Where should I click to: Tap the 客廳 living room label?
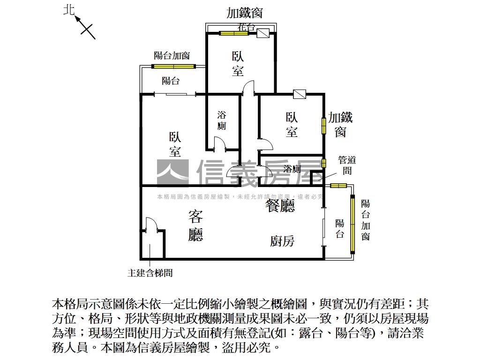pyautogui.click(x=195, y=225)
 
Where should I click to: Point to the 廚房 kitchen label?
pyautogui.click(x=282, y=241)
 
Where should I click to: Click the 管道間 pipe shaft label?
pyautogui.click(x=347, y=165)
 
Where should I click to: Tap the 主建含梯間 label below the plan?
pyautogui.click(x=150, y=272)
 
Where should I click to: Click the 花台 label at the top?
pyautogui.click(x=247, y=27)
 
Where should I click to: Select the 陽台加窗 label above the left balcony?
pyautogui.click(x=172, y=56)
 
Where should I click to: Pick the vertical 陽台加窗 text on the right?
pyautogui.click(x=366, y=220)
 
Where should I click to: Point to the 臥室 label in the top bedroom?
pyautogui.click(x=238, y=64)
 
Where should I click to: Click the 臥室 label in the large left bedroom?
pyautogui.click(x=175, y=144)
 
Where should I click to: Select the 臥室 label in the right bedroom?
pyautogui.click(x=292, y=125)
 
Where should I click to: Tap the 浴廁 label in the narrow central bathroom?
pyautogui.click(x=222, y=120)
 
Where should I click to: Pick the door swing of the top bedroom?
pyautogui.click(x=248, y=88)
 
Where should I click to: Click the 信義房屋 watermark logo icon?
pyautogui.click(x=172, y=172)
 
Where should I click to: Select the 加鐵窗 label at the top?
pyautogui.click(x=244, y=13)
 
